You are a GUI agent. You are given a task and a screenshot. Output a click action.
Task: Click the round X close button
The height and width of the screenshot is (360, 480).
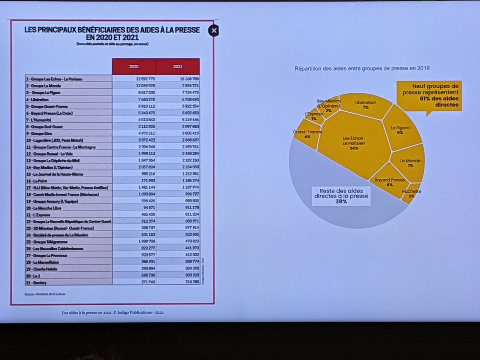[214, 31]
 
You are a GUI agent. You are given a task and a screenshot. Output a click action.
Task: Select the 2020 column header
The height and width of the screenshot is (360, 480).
[134, 66]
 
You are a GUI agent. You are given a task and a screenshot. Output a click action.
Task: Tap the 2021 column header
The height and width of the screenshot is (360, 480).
[178, 66]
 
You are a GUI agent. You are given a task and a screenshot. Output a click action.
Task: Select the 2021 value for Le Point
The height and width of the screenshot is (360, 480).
[188, 180]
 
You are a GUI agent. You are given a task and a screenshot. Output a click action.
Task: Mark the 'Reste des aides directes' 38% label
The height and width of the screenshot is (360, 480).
[341, 196]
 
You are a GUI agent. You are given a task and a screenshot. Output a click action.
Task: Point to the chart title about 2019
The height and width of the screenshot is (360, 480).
[362, 68]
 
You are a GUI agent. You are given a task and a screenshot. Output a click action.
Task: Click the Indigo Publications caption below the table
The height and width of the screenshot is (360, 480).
[110, 312]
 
